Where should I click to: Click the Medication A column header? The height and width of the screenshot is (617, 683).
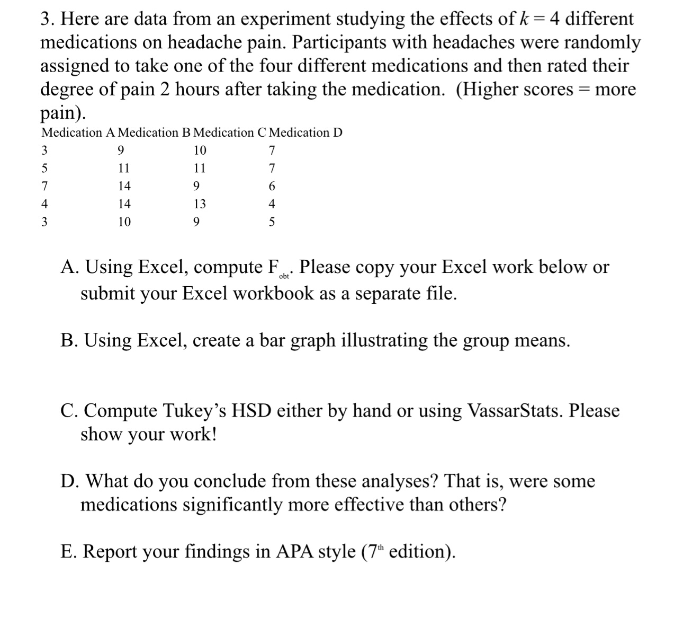pyautogui.click(x=78, y=133)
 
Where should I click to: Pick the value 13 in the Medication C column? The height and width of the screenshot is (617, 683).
pyautogui.click(x=200, y=204)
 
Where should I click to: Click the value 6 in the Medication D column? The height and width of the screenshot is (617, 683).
pyautogui.click(x=272, y=187)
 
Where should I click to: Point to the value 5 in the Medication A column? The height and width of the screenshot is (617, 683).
pyautogui.click(x=44, y=169)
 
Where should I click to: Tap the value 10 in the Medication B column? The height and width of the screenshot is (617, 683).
pyautogui.click(x=124, y=222)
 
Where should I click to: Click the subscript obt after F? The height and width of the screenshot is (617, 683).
pyautogui.click(x=284, y=276)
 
